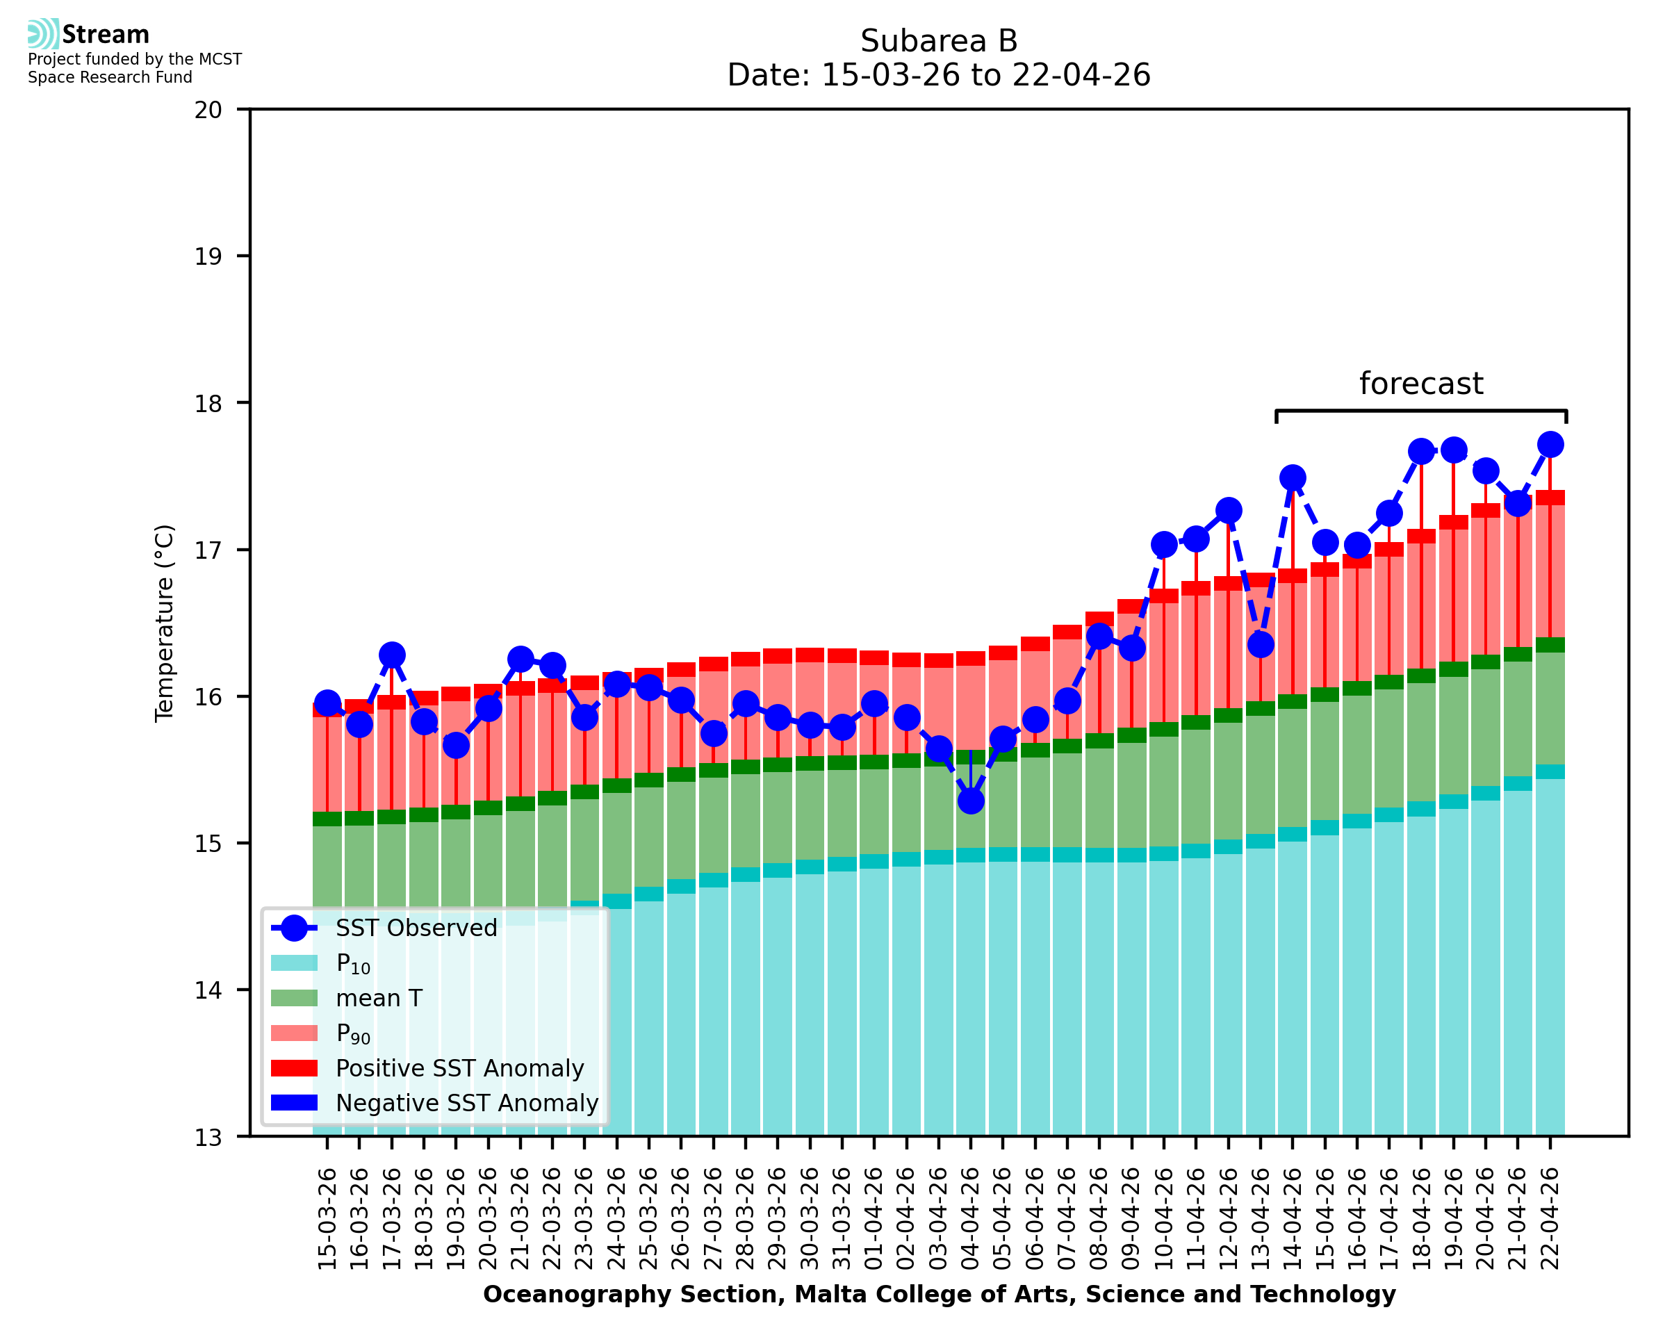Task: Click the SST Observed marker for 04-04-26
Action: pyautogui.click(x=971, y=801)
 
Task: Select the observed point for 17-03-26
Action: pyautogui.click(x=392, y=655)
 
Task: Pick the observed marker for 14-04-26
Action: pyautogui.click(x=1293, y=477)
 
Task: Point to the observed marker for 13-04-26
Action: pyautogui.click(x=1260, y=644)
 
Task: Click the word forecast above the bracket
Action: pyautogui.click(x=1420, y=384)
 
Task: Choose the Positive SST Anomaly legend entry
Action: pyautogui.click(x=459, y=1068)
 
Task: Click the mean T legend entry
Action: pyautogui.click(x=378, y=998)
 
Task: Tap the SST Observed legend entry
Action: pyautogui.click(x=416, y=928)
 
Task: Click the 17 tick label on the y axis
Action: pyautogui.click(x=208, y=550)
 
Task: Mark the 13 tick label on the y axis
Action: pyautogui.click(x=208, y=1138)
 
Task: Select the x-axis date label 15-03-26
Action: pyautogui.click(x=327, y=1219)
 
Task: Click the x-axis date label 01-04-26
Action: pyautogui.click(x=874, y=1219)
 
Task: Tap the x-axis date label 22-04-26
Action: pyautogui.click(x=1550, y=1219)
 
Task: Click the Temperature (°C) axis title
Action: pyautogui.click(x=165, y=623)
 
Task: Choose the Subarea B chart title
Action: pyautogui.click(x=939, y=41)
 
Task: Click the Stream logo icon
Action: pyautogui.click(x=43, y=34)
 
